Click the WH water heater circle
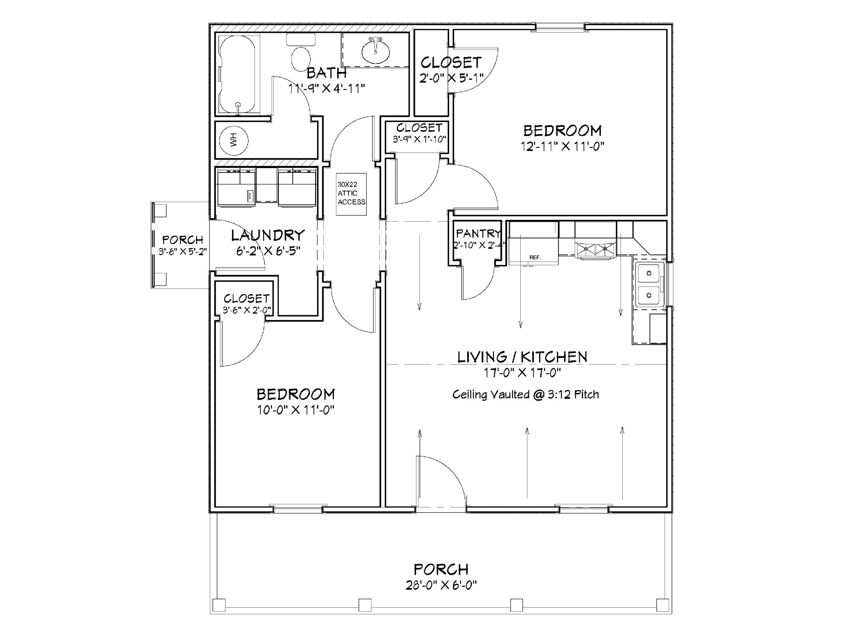233,140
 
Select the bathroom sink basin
375,51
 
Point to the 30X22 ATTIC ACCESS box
351,194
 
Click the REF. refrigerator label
535,257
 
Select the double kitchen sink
649,284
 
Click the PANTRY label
478,233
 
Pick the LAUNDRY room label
268,235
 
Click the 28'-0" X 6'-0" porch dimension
441,585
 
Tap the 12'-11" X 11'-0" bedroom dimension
562,147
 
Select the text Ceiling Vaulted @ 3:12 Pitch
526,395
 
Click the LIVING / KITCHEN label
522,357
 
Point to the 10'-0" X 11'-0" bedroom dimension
296,410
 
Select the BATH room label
326,73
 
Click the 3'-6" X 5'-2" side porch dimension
183,251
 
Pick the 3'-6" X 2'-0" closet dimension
246,310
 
